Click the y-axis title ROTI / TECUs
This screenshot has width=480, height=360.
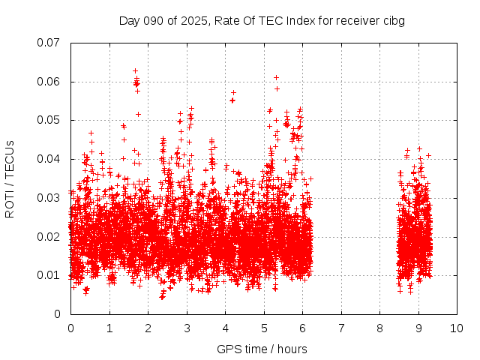(10, 178)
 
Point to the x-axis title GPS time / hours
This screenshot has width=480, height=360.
(262, 349)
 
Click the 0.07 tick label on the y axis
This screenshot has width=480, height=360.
(49, 43)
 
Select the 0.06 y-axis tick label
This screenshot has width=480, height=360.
(49, 82)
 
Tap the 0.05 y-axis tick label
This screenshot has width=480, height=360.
(49, 120)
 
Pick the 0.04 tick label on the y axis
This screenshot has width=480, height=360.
(49, 159)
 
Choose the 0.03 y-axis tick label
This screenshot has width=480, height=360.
(49, 198)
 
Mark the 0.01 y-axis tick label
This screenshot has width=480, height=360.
(49, 275)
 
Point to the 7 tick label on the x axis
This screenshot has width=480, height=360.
(341, 328)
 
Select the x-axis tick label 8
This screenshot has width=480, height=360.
(379, 328)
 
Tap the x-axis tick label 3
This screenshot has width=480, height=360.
(187, 328)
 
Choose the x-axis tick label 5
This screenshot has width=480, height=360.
(264, 328)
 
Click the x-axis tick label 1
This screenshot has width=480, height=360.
(109, 328)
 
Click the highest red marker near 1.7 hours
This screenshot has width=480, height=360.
(135, 70)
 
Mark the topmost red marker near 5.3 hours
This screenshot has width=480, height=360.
(276, 77)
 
